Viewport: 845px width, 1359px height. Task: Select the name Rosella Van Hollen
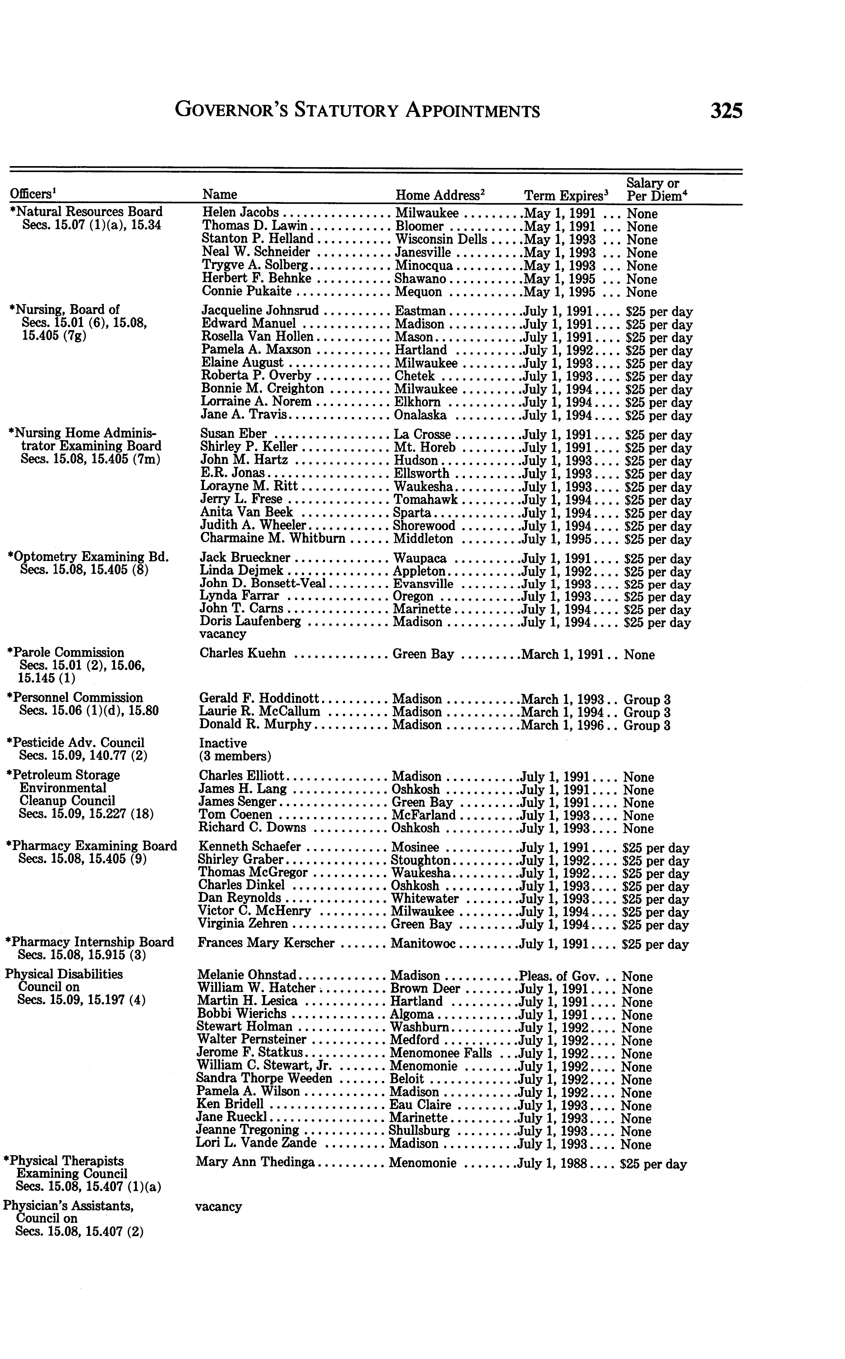pyautogui.click(x=257, y=337)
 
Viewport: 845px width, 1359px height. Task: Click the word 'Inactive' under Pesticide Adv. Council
pyautogui.click(x=222, y=743)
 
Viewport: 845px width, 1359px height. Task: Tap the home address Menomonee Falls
pyautogui.click(x=440, y=1054)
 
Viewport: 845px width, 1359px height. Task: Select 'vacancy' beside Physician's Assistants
pyautogui.click(x=219, y=1206)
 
